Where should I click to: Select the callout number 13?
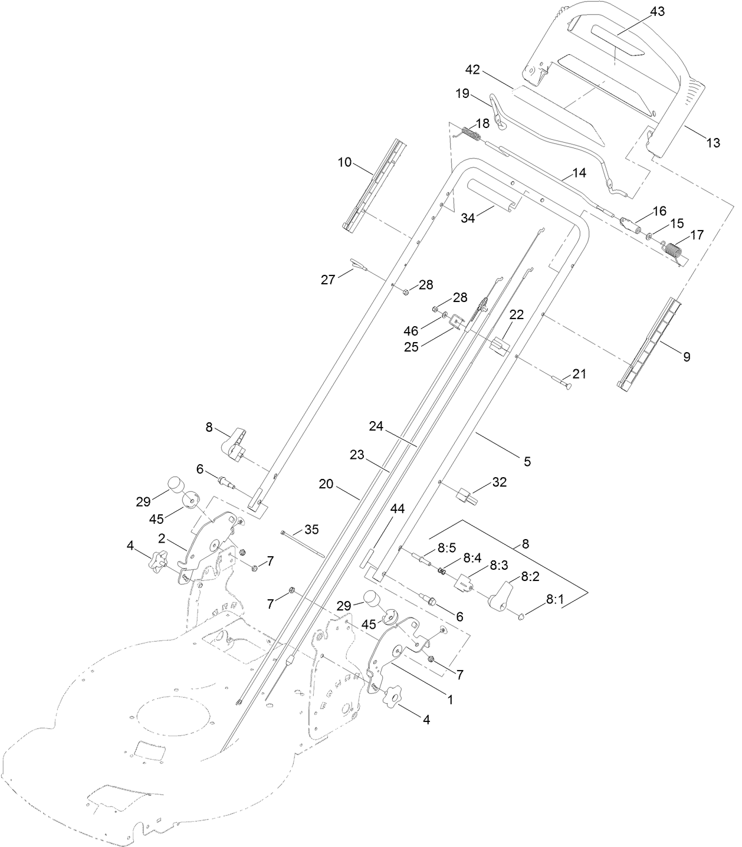[713, 142]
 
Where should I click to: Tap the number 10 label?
[344, 162]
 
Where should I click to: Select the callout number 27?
[328, 280]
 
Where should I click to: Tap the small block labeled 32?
[467, 491]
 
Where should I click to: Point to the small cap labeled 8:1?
[522, 617]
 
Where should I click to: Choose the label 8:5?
[446, 547]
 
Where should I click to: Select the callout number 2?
[161, 537]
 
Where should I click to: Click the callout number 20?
[326, 484]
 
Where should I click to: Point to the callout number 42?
[472, 70]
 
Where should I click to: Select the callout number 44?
[398, 509]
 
